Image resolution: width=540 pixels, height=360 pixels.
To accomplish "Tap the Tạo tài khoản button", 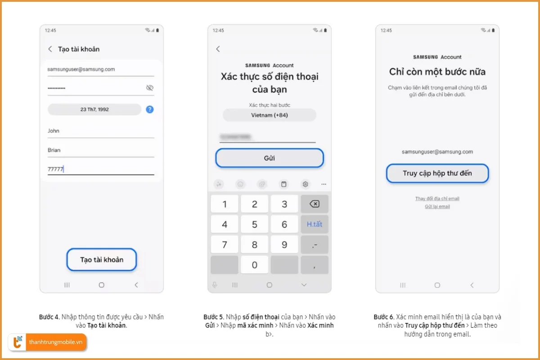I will tap(102, 260).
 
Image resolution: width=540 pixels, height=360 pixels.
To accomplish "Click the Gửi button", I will tap(269, 158).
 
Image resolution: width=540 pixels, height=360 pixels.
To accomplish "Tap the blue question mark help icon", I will tap(149, 109).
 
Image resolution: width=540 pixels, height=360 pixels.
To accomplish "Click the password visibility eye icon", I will tap(150, 88).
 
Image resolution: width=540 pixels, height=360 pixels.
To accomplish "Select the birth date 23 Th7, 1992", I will tap(94, 109).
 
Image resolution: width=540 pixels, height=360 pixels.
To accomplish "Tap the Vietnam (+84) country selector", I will tap(269, 115).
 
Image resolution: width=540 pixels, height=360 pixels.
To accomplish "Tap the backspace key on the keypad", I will tap(314, 204).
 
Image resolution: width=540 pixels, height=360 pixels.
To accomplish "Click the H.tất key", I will tap(314, 224).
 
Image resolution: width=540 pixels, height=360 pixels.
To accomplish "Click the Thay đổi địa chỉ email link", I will tap(437, 198).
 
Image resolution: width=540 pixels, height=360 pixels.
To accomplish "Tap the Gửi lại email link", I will tap(437, 207).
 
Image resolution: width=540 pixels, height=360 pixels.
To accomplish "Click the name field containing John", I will tap(101, 131).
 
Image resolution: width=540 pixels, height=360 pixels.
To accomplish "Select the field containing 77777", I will tap(101, 169).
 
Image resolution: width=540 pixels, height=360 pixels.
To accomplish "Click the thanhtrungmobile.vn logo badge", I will tap(48, 342).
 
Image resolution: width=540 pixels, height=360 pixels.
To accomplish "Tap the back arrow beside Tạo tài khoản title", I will tap(50, 49).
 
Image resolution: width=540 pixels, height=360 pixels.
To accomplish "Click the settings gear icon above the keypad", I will tap(305, 184).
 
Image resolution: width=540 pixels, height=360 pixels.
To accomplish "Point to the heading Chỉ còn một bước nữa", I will tap(437, 72).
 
